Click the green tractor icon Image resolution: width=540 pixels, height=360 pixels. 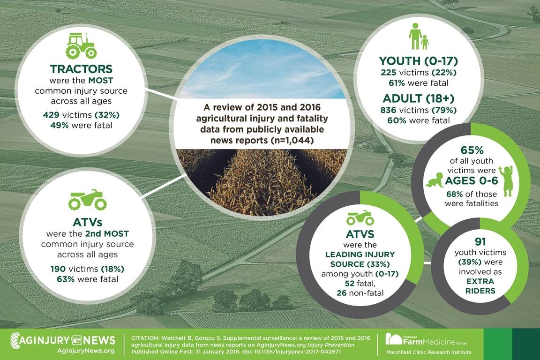[81, 45]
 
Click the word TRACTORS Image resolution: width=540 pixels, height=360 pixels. [81, 69]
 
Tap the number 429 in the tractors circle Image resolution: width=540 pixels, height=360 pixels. [50, 115]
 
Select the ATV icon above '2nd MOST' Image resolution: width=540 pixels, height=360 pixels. [88, 200]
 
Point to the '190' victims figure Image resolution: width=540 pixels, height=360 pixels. [58, 269]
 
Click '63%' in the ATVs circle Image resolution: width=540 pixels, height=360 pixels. [66, 279]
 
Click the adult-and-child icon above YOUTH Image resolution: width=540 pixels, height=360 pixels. [419, 37]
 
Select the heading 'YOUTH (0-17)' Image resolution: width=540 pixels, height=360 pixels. [419, 61]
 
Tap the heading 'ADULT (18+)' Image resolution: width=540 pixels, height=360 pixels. [419, 98]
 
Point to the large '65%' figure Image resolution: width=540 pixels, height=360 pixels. [472, 150]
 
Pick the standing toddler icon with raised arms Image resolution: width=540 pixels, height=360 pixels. [506, 181]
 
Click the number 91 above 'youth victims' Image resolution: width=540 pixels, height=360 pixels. [480, 241]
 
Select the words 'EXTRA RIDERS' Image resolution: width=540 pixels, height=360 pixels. [480, 286]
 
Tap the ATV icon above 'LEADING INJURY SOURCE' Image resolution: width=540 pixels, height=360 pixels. [360, 218]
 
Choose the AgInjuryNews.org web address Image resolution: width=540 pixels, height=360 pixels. [86, 351]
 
